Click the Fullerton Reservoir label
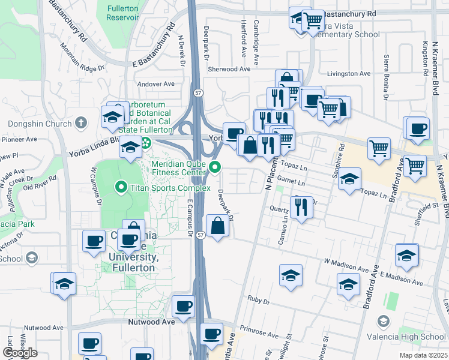122,13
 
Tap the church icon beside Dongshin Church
81,122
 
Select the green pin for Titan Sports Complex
121,188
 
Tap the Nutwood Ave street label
151,322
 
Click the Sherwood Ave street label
229,69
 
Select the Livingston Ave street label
349,73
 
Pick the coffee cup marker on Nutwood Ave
183,307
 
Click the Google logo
20,353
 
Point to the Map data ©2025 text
423,355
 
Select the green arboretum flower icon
146,143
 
